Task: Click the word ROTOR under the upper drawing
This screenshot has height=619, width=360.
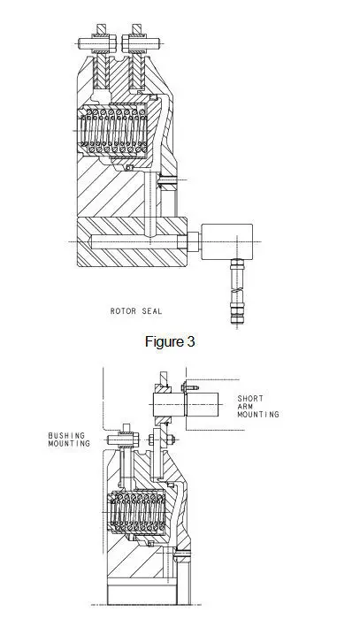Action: pos(123,311)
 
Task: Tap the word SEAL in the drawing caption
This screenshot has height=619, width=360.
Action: pos(152,311)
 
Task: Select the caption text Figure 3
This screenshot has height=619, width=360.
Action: pos(170,341)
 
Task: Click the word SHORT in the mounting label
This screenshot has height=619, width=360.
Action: pos(250,398)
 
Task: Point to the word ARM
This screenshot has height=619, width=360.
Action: pos(245,406)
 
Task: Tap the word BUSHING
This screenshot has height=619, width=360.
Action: pos(66,435)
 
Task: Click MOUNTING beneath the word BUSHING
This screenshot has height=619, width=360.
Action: pos(69,443)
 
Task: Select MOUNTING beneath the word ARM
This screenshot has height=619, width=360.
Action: pos(258,414)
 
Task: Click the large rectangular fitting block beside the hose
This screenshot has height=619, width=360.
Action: pos(227,242)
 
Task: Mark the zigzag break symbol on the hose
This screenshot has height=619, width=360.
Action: pos(237,291)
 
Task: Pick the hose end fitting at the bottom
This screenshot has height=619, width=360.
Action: pos(237,316)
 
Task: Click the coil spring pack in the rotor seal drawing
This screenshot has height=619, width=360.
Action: pos(114,131)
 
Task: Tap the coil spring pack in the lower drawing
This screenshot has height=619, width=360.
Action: pos(138,512)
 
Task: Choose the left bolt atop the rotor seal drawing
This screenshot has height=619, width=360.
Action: pos(97,42)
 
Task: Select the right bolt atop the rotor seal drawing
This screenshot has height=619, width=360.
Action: pos(141,42)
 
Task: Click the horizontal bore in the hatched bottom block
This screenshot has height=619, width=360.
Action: pos(135,241)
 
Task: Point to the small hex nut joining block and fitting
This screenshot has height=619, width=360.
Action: pos(194,242)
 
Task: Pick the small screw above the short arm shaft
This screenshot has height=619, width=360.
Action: pos(190,387)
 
